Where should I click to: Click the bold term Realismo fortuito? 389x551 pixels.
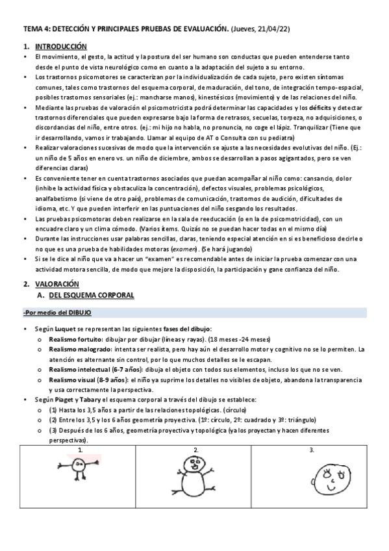(74, 340)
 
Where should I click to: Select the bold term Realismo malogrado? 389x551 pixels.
(77, 350)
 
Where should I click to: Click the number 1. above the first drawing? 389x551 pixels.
(81, 450)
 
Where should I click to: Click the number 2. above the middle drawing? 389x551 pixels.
(196, 450)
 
